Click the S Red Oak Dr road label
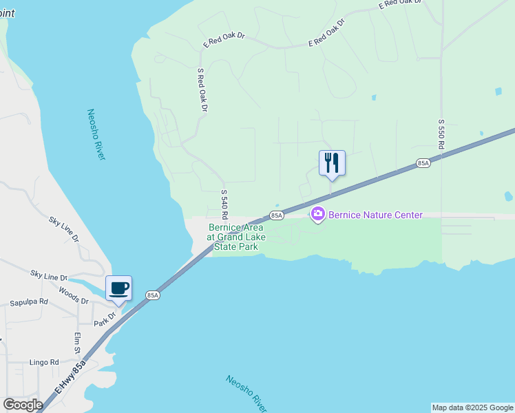click(x=202, y=89)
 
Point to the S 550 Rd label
click(x=441, y=134)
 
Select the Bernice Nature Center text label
click(x=375, y=215)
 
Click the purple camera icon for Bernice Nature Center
click(x=317, y=215)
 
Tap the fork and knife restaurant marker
click(x=332, y=163)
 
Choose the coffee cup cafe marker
click(x=118, y=288)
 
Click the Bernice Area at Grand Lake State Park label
click(x=237, y=237)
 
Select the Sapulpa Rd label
click(x=29, y=302)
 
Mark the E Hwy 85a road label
click(x=70, y=377)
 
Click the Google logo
click(x=23, y=404)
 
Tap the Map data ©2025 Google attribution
click(x=472, y=407)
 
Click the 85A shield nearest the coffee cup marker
click(x=153, y=295)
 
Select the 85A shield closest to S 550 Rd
click(x=423, y=163)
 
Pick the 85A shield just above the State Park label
click(x=276, y=215)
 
